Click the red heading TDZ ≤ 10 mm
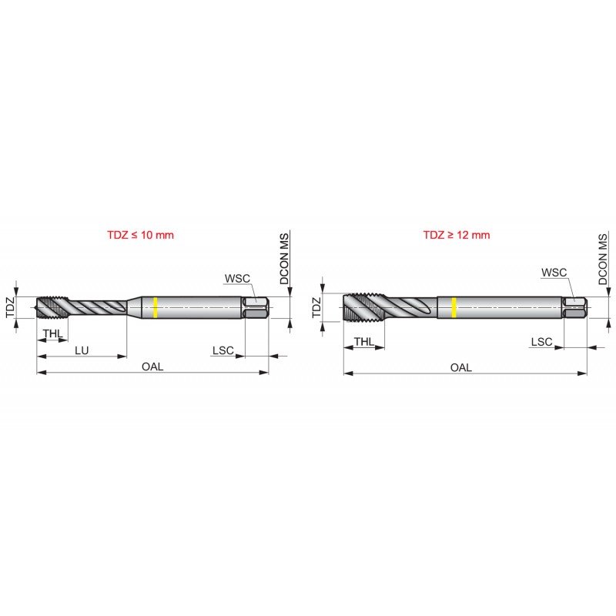point(141,235)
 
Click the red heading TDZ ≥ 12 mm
point(457,235)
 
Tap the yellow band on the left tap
point(156,307)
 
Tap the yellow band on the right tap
point(454,307)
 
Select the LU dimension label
point(82,350)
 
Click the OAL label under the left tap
point(152,367)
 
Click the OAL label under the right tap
point(460,367)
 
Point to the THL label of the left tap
point(52,334)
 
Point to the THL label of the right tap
point(363,342)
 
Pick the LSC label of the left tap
point(223,350)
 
